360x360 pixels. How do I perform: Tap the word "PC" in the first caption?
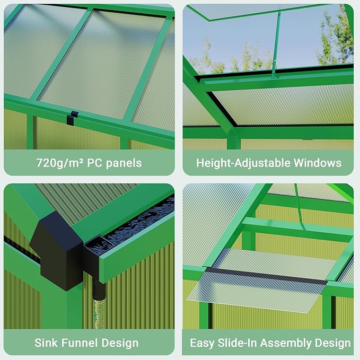coord(94,163)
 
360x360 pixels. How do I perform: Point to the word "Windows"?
coord(318,163)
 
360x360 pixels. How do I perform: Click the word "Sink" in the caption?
coord(47,343)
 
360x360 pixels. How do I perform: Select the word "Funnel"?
coord(82,343)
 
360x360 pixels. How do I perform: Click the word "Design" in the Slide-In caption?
coord(333,343)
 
